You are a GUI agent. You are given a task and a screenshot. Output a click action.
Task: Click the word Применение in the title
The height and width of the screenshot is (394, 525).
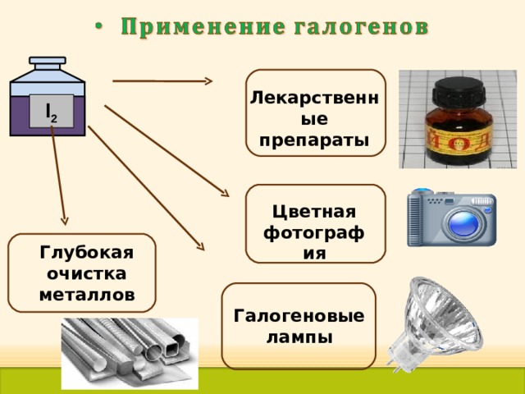click(203, 26)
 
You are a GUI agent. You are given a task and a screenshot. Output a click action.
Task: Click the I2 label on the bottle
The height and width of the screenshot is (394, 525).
click(51, 112)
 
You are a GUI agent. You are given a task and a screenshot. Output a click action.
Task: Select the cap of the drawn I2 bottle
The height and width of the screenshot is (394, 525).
click(48, 62)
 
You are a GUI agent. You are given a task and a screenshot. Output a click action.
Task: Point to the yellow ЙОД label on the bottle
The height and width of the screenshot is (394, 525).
click(459, 140)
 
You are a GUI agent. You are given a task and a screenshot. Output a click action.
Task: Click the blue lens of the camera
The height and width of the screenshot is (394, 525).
click(463, 224)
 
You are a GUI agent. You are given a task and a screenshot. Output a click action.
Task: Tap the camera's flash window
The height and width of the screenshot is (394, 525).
click(482, 201)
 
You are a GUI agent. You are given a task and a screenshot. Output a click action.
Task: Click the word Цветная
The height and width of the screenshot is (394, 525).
click(313, 212)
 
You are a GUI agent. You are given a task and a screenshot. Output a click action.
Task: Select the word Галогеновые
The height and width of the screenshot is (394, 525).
click(299, 315)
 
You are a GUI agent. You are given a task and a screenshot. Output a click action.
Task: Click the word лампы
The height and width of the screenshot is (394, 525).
click(299, 337)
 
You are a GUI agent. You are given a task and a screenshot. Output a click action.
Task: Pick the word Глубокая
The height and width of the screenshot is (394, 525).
click(86, 252)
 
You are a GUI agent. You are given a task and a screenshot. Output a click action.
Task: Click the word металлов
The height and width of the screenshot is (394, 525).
click(87, 295)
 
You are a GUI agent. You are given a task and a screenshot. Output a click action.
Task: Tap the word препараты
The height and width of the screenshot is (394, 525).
click(314, 140)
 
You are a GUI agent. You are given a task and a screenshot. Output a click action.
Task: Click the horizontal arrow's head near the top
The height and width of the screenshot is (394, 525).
click(209, 81)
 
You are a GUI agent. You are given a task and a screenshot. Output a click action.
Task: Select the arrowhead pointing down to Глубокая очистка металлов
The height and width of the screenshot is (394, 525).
click(65, 221)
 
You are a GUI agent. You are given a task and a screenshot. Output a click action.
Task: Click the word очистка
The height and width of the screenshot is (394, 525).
click(86, 273)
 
